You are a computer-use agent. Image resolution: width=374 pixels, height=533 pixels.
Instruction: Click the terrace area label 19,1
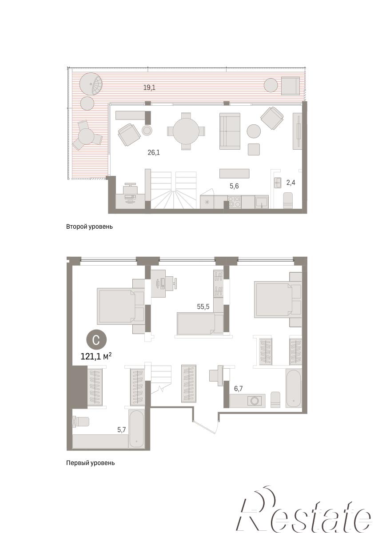tap(149, 88)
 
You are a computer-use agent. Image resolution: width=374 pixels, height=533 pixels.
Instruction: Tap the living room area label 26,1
tap(154, 152)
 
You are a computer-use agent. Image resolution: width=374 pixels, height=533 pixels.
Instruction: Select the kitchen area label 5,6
tap(234, 186)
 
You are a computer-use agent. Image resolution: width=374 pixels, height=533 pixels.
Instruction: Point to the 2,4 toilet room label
tap(291, 183)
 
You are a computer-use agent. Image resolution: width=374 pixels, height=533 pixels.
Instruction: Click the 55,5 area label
tap(203, 307)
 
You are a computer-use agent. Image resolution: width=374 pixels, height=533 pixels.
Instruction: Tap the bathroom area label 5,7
tap(121, 430)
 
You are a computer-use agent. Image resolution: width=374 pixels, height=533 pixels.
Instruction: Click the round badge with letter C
tap(96, 340)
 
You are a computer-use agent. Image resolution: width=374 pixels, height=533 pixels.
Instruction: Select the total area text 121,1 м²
tap(96, 356)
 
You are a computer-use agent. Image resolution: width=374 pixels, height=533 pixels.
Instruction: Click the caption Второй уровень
tap(89, 227)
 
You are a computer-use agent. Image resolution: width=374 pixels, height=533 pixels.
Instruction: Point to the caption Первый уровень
tap(91, 463)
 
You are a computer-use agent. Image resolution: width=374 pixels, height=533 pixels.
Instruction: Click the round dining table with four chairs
tap(186, 131)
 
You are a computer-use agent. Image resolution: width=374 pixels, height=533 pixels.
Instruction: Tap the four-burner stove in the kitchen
tap(235, 202)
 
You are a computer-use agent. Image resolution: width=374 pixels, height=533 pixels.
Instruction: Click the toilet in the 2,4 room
tap(288, 200)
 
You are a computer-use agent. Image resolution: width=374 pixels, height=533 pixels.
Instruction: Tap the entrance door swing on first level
tap(206, 427)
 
